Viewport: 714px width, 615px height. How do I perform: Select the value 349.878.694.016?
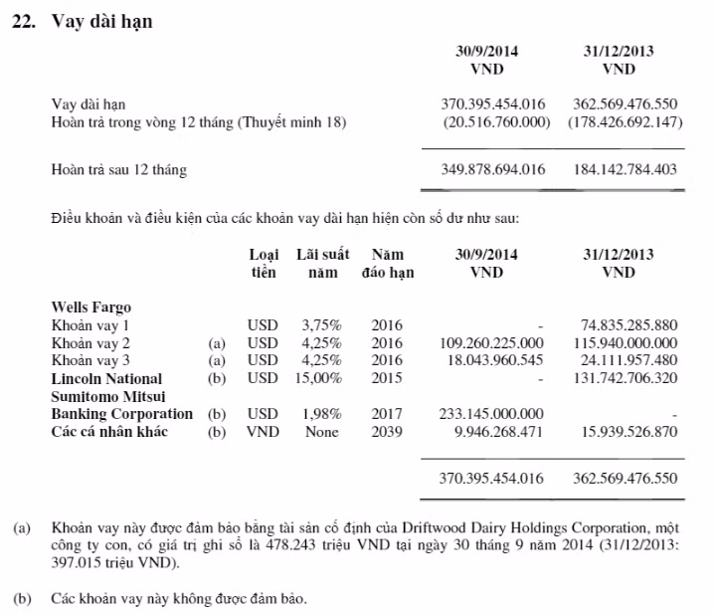click(492, 169)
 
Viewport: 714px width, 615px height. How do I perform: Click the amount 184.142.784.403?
click(625, 169)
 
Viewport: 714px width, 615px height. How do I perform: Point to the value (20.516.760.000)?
click(494, 122)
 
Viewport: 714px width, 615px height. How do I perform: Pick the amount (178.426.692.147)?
click(625, 122)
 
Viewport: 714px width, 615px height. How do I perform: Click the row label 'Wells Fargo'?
click(90, 307)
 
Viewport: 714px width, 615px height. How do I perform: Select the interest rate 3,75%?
click(320, 324)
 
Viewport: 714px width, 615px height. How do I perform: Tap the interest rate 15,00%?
click(320, 378)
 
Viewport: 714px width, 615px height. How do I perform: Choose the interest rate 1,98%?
click(320, 414)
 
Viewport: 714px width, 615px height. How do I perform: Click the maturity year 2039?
click(388, 432)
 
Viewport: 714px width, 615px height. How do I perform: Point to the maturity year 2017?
click(388, 414)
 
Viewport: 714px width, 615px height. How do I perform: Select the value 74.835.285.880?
click(627, 324)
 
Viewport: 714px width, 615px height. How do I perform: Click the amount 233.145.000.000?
click(491, 414)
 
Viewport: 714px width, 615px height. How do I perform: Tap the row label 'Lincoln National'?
click(106, 378)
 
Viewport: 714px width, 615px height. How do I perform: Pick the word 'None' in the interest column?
click(321, 432)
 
